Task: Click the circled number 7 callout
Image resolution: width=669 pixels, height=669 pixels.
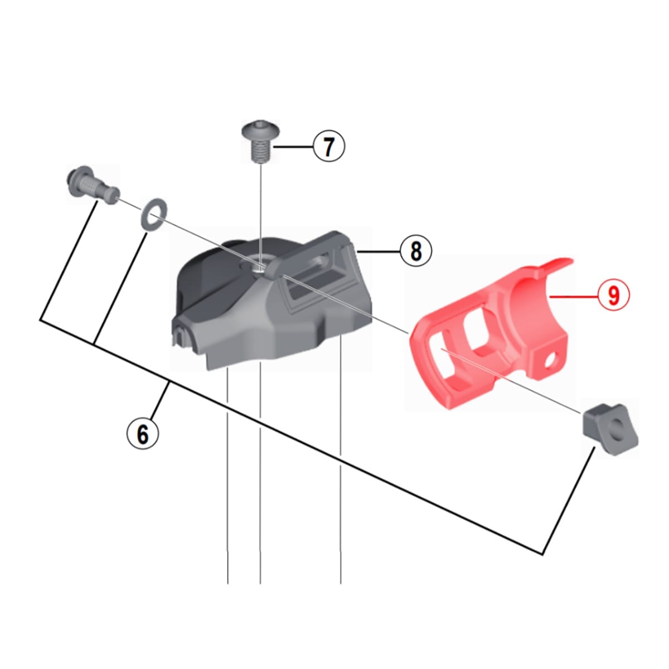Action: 328,146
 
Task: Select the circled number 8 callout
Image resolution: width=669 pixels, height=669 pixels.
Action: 415,251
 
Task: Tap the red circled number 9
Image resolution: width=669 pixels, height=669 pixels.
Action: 613,295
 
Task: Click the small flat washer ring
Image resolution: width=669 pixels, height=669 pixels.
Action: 153,215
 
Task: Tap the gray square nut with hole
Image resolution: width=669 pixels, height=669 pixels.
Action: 609,430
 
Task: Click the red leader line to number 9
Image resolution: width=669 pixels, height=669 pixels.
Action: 573,295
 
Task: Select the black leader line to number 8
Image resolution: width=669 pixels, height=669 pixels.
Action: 378,251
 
